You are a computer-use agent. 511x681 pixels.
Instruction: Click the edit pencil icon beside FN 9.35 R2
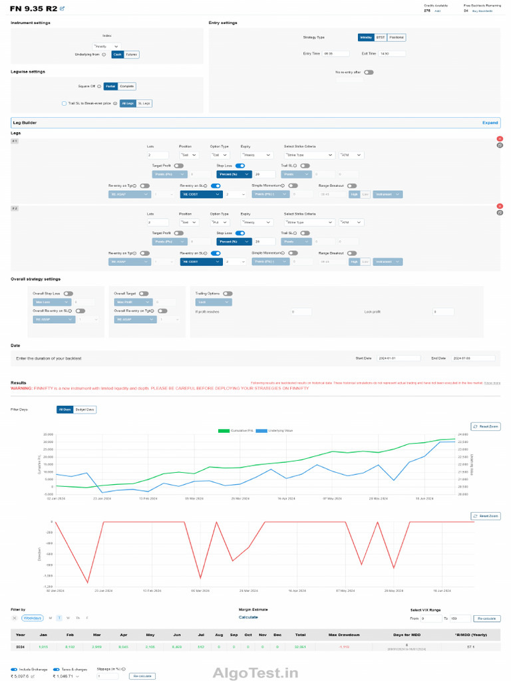coord(63,9)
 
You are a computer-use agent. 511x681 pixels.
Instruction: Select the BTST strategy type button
coord(381,37)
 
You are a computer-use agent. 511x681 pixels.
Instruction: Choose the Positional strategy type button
coord(397,37)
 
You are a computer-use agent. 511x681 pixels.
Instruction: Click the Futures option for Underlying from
coord(132,55)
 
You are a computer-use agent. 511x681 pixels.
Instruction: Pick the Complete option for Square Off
coord(127,86)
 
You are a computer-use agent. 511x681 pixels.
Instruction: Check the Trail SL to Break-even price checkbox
coord(64,103)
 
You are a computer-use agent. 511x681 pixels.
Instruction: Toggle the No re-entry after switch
coord(368,72)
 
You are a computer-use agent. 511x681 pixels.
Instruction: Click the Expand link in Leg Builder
coord(490,123)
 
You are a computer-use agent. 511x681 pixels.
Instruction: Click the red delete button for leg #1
coord(500,138)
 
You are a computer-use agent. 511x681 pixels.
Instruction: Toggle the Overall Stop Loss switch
coord(68,293)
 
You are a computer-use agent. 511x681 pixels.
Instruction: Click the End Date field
coord(472,358)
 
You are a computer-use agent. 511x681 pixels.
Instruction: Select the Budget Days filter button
coord(85,410)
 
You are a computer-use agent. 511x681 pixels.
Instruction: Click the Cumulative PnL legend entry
coord(234,431)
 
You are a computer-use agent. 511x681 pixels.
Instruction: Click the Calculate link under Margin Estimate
coord(248,617)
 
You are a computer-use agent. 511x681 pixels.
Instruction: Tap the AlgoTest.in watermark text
coord(255,672)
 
